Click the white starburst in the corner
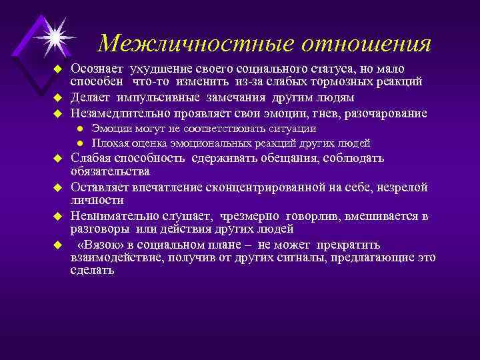55,33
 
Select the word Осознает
98,69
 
